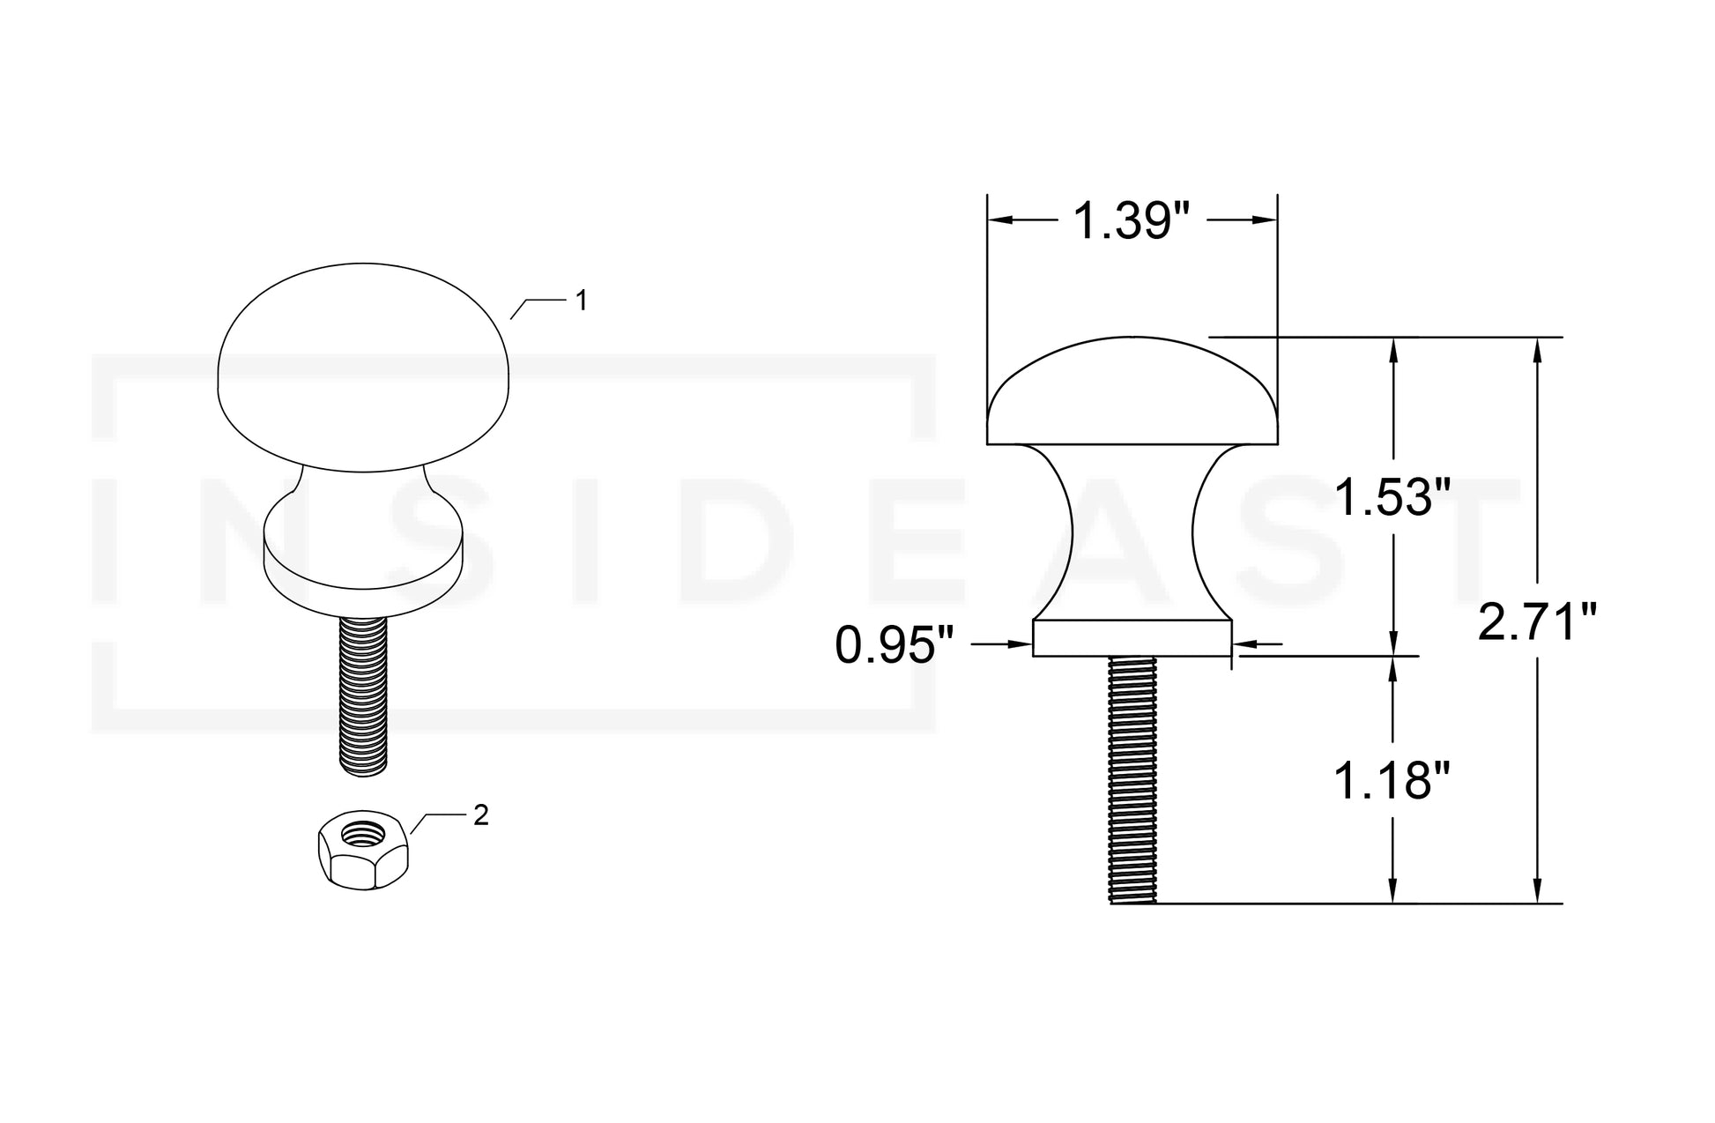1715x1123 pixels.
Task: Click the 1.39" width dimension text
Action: pyautogui.click(x=1132, y=221)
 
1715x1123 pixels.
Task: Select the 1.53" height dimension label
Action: pyautogui.click(x=1392, y=497)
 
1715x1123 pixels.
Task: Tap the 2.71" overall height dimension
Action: pyautogui.click(x=1537, y=623)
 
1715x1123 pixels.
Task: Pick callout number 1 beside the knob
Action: pyautogui.click(x=581, y=301)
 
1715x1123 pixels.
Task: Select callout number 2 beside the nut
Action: pyautogui.click(x=480, y=816)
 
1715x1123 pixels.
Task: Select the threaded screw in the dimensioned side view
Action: pyautogui.click(x=1132, y=780)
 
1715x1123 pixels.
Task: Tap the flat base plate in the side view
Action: pyautogui.click(x=1132, y=638)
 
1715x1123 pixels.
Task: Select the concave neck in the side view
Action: pyautogui.click(x=1132, y=533)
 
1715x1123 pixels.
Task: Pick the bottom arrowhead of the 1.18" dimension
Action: pyautogui.click(x=1392, y=892)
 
